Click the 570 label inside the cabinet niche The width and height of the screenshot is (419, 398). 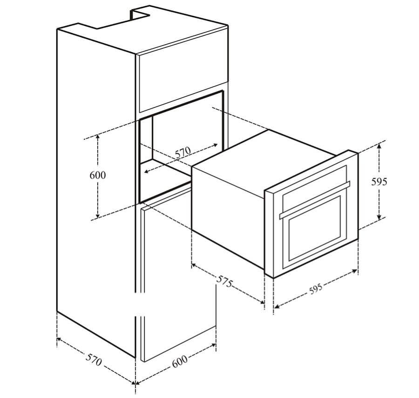point(183,152)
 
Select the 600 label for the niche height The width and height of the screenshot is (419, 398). point(98,175)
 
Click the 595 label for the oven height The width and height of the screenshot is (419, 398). point(379,182)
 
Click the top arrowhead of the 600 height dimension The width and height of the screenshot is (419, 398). point(98,136)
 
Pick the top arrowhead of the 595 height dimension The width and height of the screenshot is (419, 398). point(379,146)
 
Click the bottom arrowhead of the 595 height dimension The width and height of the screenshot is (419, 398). point(379,217)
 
